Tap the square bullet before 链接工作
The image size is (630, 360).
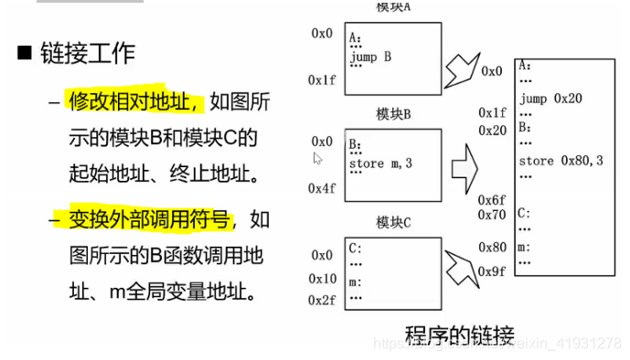(x=25, y=53)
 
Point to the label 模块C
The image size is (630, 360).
(x=393, y=223)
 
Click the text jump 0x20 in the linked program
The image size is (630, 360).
(x=549, y=97)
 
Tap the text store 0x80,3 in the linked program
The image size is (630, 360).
(x=561, y=161)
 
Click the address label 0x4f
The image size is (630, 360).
(x=322, y=188)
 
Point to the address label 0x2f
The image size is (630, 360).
(x=322, y=300)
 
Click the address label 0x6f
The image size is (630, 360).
(x=492, y=199)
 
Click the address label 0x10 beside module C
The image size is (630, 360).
(x=322, y=278)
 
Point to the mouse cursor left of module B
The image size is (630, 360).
(x=317, y=158)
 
